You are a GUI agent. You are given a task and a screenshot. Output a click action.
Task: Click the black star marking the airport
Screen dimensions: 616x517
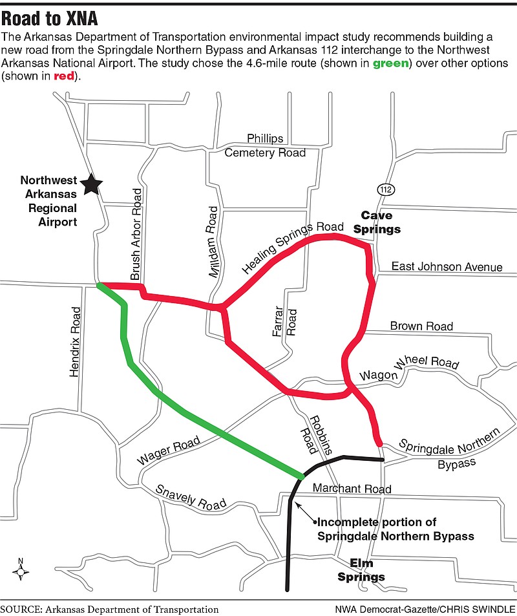coord(92,184)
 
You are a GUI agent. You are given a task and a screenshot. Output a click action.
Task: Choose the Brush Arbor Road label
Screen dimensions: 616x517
coord(136,234)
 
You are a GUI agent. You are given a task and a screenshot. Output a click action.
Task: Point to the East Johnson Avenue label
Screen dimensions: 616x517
coord(447,267)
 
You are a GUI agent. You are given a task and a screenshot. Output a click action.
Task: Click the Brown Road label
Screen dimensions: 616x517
coord(421,326)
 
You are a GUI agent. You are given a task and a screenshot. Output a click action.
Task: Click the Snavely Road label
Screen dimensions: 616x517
coord(192,497)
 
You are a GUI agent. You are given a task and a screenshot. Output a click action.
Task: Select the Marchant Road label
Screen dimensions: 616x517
coord(352,489)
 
